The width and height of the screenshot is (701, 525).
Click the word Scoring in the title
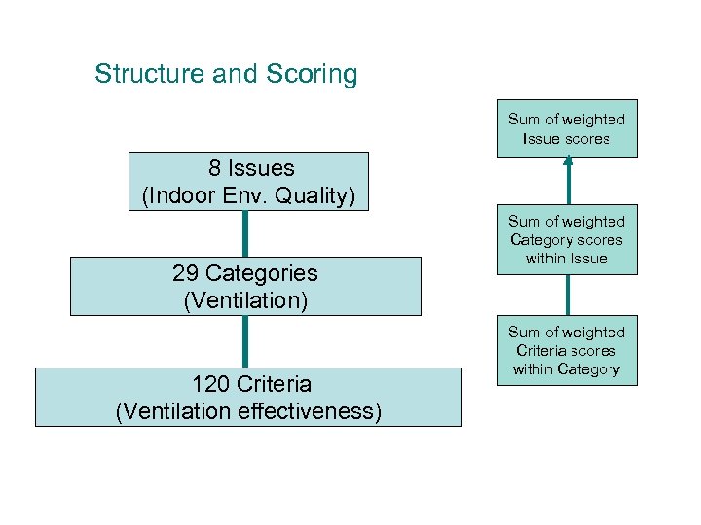tap(309, 74)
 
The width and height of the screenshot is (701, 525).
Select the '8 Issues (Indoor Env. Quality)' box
tap(249, 181)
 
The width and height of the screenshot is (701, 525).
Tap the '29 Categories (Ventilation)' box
tap(245, 286)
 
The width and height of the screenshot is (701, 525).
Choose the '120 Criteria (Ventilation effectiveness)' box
tap(248, 397)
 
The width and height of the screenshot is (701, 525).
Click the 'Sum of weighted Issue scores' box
tap(566, 128)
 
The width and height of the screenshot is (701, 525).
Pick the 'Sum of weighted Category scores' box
tap(566, 239)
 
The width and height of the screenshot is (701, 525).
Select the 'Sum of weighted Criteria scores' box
tap(566, 350)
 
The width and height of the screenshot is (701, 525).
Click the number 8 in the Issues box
tap(211, 168)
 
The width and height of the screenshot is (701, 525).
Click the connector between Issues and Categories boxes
tap(244, 233)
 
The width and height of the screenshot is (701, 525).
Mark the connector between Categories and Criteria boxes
tap(244, 341)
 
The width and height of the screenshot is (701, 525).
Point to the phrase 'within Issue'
tap(566, 258)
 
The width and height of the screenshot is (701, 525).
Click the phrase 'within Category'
tap(566, 368)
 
